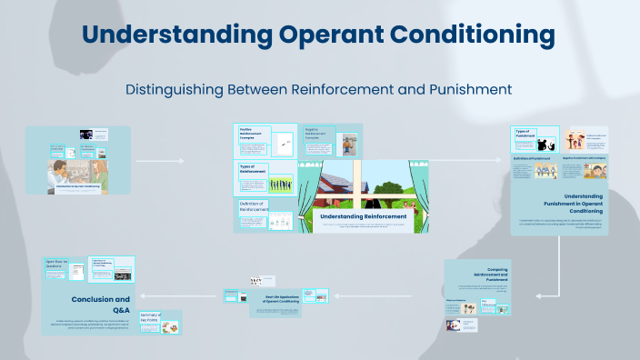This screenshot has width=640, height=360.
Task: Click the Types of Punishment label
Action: [x=525, y=135]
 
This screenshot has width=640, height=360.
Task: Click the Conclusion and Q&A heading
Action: [x=101, y=303]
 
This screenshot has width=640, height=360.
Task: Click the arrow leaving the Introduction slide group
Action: [x=159, y=162]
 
